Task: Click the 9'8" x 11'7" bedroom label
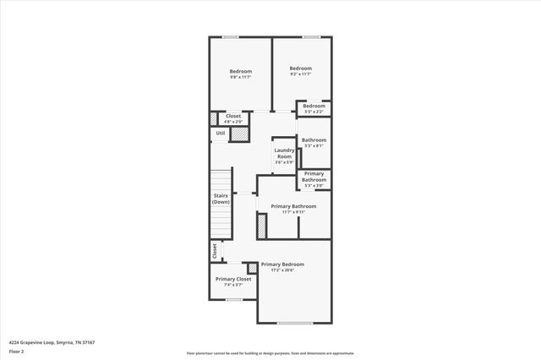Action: pyautogui.click(x=240, y=75)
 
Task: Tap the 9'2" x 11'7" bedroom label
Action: pyautogui.click(x=300, y=72)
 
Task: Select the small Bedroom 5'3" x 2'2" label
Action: pyautogui.click(x=314, y=108)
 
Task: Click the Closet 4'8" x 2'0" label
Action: pyautogui.click(x=233, y=118)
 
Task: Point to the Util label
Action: pyautogui.click(x=220, y=133)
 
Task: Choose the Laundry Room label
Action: pyautogui.click(x=283, y=155)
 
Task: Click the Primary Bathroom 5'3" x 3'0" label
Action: pyautogui.click(x=314, y=179)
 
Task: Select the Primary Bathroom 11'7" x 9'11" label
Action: pyautogui.click(x=293, y=209)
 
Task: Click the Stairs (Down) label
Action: pyautogui.click(x=221, y=199)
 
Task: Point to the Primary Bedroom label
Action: pyautogui.click(x=282, y=266)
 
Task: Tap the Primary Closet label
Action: pyautogui.click(x=233, y=281)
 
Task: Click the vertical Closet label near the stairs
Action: pyautogui.click(x=215, y=251)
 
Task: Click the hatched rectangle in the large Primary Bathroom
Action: pyautogui.click(x=262, y=226)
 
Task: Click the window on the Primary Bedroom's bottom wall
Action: pyautogui.click(x=295, y=323)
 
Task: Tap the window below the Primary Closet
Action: pyautogui.click(x=233, y=298)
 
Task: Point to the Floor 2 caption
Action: pyautogui.click(x=16, y=350)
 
